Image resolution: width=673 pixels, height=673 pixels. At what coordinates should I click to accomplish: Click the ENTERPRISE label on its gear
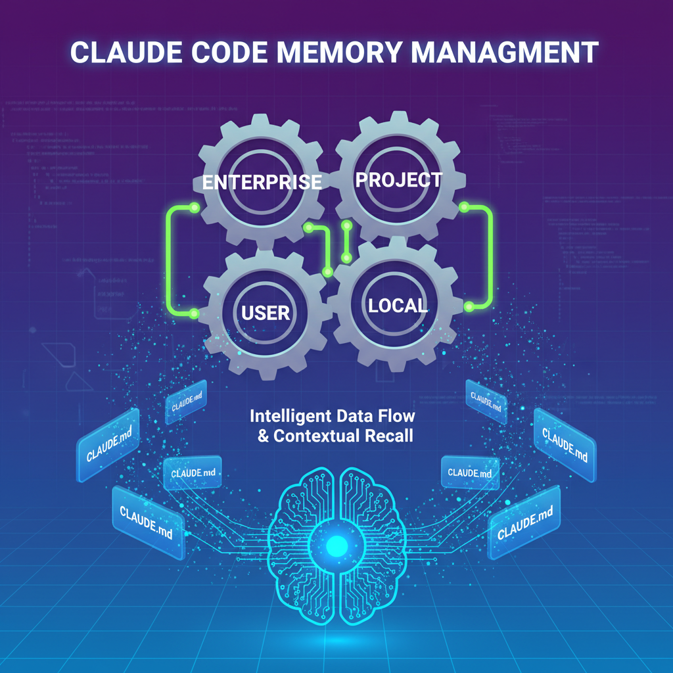point(262,181)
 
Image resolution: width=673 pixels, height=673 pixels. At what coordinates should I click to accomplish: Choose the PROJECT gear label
point(399,179)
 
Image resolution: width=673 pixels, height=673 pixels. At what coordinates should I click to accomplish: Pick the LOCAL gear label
point(398,304)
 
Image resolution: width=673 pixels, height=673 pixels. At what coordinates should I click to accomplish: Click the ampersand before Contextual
point(263,435)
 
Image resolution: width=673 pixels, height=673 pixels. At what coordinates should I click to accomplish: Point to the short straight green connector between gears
point(346,241)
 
